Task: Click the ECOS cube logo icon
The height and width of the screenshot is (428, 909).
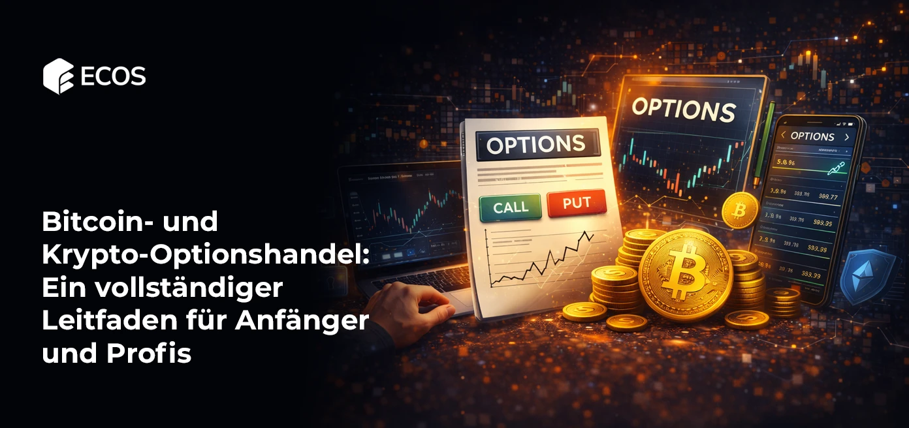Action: (x=58, y=76)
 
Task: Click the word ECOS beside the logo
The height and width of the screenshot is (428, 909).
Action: (x=113, y=77)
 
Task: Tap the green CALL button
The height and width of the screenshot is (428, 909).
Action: (x=511, y=207)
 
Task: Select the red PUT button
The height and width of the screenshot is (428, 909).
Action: (x=576, y=203)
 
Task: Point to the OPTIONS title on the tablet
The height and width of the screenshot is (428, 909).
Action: (x=683, y=110)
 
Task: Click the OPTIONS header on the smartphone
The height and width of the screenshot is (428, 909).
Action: (x=812, y=136)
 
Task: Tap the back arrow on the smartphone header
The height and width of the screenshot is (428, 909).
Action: (x=782, y=136)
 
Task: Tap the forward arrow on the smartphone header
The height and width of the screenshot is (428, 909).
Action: (x=846, y=137)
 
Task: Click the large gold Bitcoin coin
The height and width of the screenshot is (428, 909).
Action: (x=685, y=275)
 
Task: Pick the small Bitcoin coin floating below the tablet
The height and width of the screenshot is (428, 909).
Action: (x=740, y=209)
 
